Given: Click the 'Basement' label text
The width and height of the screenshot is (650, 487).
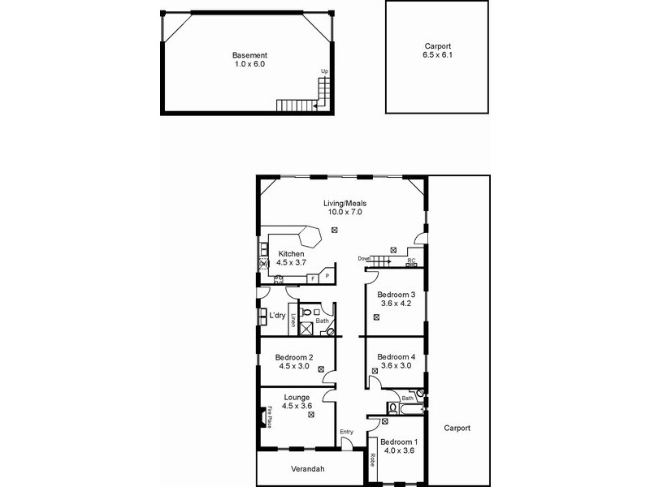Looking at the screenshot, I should pos(249,54).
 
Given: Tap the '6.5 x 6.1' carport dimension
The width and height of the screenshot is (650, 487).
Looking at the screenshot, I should pos(437,55).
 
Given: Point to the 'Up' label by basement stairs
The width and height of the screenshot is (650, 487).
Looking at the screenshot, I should pos(325,72).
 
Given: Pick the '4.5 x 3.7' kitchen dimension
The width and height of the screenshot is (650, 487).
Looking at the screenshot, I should pos(291,263).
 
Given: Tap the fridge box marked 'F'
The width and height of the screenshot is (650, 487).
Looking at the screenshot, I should pos(314,278).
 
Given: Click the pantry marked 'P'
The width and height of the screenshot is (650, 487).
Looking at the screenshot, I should pos(327,276).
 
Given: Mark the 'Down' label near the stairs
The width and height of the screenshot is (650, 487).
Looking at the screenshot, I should pos(363,259).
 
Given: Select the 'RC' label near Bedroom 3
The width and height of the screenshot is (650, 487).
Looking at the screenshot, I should pos(411,261).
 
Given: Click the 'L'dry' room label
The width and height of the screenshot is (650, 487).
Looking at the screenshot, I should pos(277,315).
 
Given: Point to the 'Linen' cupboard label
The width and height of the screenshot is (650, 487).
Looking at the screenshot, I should pos(293,320).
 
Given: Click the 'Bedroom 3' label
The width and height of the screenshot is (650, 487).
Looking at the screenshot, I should pos(397,295).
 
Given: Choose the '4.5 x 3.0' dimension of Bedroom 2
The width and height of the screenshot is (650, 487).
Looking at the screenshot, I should pos(294,366).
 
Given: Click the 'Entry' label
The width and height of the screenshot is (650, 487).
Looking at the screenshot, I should pos(347,431).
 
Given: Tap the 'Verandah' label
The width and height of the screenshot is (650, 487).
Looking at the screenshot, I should pos(308,469).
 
